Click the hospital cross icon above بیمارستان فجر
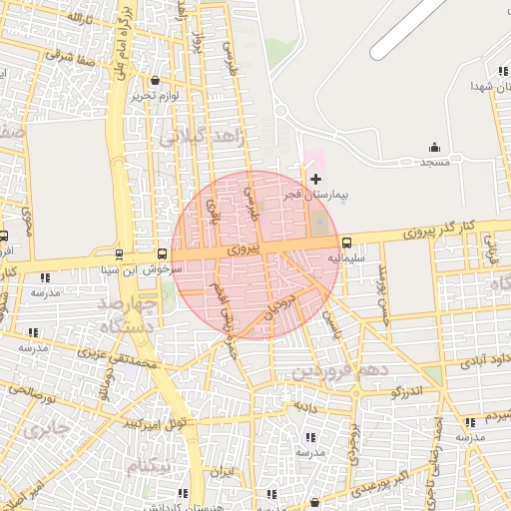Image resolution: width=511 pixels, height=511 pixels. click(x=316, y=179)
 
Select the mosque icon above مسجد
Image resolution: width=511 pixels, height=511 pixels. click(x=435, y=147)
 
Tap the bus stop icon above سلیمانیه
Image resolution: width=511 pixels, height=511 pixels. click(x=346, y=243)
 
